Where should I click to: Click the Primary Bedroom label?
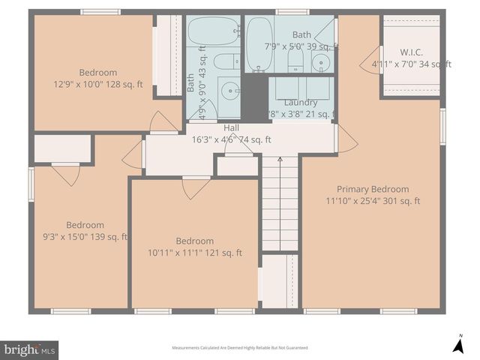click(373, 189)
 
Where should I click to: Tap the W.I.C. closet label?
click(411, 52)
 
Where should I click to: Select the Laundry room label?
click(300, 102)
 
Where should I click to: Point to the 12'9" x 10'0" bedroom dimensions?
click(97, 84)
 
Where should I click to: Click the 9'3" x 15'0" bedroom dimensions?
click(85, 236)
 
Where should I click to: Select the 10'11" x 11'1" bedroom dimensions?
click(195, 253)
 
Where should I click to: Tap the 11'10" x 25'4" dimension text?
click(373, 200)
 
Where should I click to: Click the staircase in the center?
click(279, 202)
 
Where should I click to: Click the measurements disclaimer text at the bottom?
click(240, 348)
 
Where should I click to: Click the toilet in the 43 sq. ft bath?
click(225, 61)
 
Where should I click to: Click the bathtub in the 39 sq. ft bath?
click(259, 43)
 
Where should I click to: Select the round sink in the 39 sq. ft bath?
click(321, 61)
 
